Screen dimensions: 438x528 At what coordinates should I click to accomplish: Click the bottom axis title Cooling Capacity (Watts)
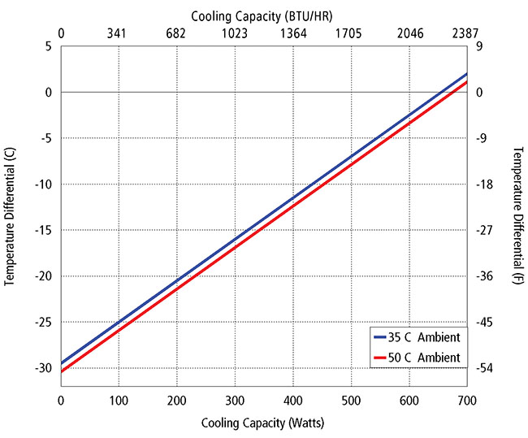coord(263,423)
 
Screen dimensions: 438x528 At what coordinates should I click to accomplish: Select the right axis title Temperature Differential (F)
coord(517,215)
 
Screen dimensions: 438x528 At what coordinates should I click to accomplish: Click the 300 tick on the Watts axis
coord(235,401)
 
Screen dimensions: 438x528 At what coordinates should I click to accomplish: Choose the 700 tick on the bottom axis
coord(466,401)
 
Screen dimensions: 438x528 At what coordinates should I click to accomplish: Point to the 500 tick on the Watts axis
coord(351,401)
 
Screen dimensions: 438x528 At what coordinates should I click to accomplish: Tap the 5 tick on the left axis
coord(48,46)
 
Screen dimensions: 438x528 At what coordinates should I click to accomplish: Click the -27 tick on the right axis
coord(486,231)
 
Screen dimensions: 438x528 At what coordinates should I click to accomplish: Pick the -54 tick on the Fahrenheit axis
coord(486,369)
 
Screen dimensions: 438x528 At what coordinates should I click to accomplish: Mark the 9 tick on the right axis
coord(479,46)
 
